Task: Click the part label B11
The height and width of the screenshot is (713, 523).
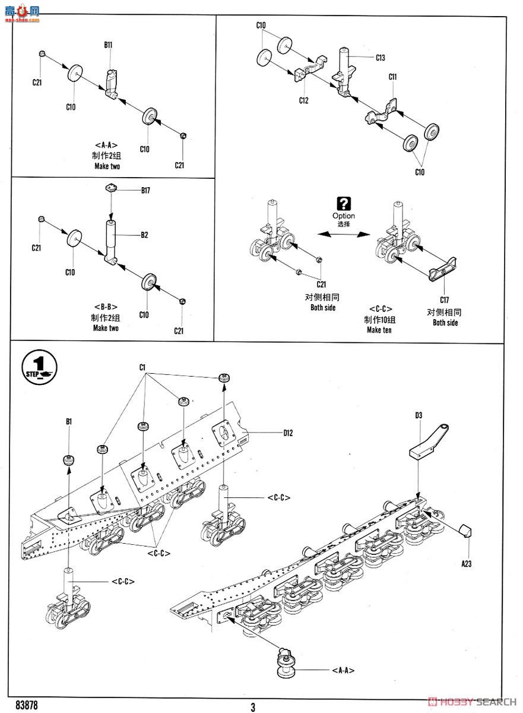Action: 108,45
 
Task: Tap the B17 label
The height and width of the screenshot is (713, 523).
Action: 146,190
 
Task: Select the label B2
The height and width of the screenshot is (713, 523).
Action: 144,235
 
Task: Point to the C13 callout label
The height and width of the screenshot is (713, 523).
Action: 381,58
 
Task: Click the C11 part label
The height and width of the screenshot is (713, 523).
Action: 392,77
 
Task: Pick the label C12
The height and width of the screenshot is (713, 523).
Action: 303,100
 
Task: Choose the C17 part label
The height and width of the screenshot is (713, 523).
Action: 444,300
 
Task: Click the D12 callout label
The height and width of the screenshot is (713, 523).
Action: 288,433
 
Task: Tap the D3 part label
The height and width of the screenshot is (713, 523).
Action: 419,415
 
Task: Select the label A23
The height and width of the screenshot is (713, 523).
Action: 466,564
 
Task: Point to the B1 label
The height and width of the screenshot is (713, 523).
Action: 69,421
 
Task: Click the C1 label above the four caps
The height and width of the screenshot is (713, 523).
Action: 142,368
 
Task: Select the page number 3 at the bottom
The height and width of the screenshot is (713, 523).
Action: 253,706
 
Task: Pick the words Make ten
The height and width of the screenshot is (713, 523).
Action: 378,330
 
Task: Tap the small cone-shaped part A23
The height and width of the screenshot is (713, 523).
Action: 466,530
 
